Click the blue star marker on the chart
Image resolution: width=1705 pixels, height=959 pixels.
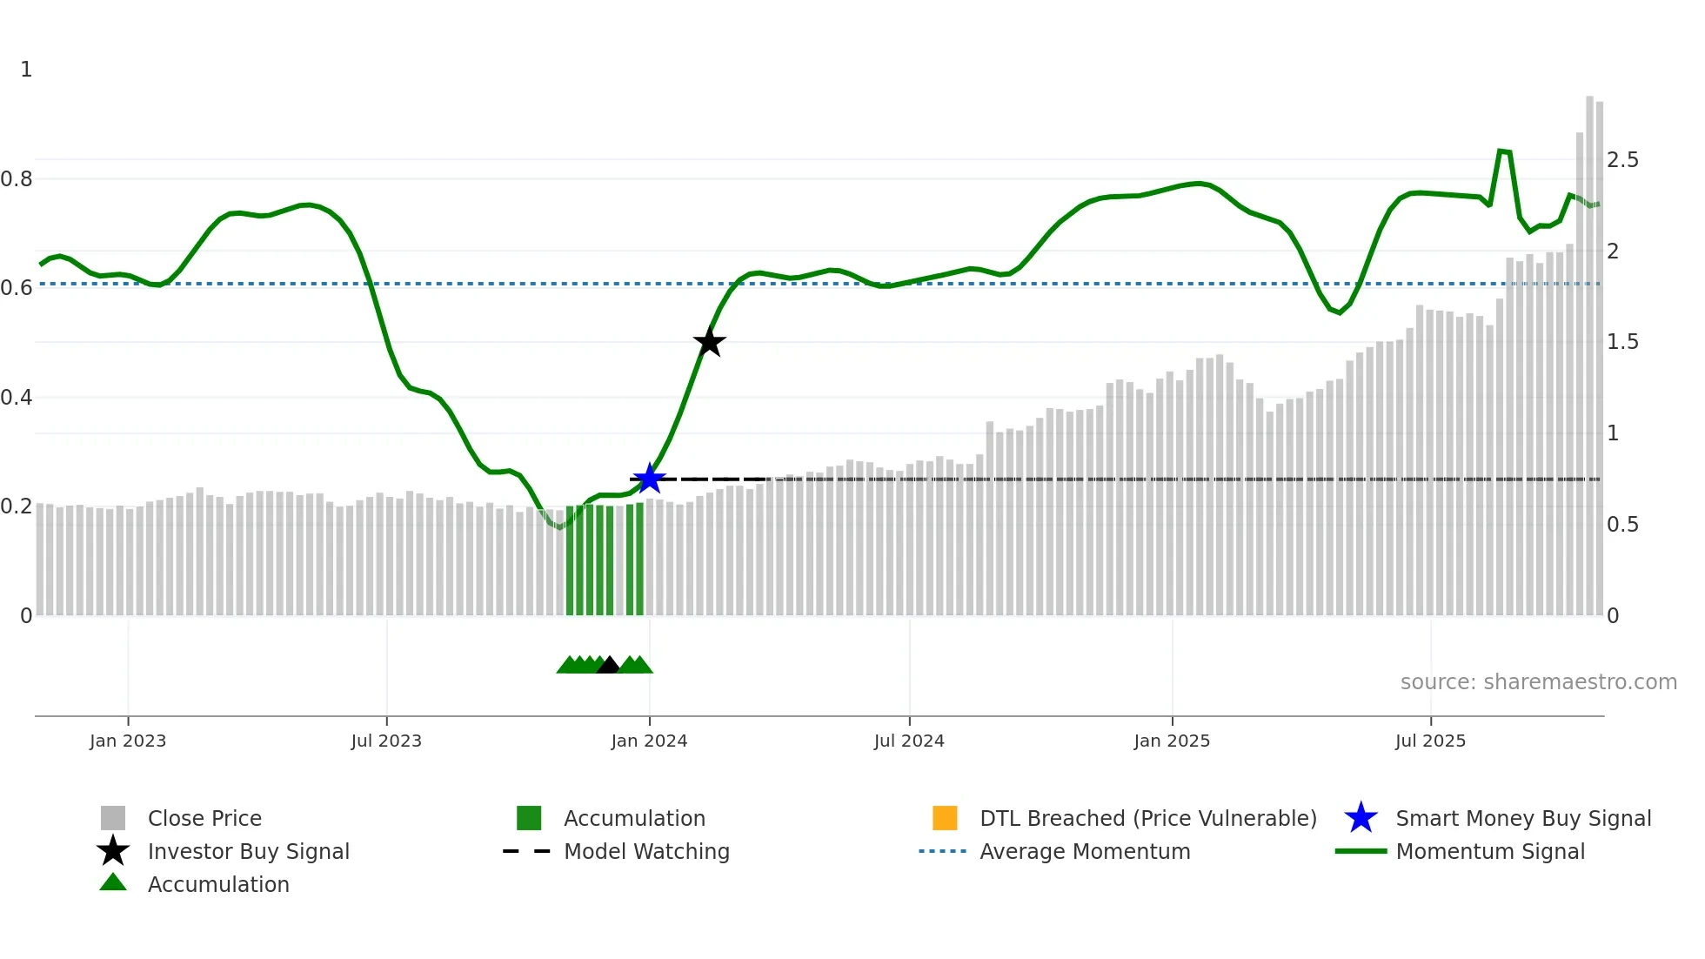click(x=649, y=479)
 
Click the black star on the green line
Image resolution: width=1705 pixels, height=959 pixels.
click(x=710, y=342)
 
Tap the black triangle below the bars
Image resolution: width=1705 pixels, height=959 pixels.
click(x=608, y=666)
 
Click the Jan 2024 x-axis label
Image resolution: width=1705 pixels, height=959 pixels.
click(x=649, y=741)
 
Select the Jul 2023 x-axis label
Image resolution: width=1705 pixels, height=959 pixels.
click(x=386, y=741)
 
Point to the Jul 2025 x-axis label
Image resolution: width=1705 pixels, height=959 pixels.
click(x=1430, y=741)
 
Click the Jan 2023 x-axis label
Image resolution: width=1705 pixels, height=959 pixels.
click(x=128, y=741)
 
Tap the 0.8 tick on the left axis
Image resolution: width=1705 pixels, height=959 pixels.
click(x=17, y=179)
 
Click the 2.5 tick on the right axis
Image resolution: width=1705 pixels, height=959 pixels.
click(x=1622, y=160)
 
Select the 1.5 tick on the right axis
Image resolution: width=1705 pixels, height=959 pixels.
click(x=1622, y=342)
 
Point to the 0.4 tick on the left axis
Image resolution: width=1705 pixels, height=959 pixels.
click(x=17, y=398)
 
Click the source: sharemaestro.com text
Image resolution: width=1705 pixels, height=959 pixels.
click(x=1538, y=682)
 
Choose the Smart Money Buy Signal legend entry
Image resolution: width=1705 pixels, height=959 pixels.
click(x=1522, y=818)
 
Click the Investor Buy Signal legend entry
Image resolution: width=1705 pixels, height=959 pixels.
click(x=248, y=851)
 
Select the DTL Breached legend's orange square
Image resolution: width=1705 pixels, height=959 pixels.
click(x=945, y=818)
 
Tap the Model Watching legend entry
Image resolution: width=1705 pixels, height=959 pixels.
click(x=646, y=851)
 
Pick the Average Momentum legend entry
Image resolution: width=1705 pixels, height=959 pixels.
click(x=1084, y=851)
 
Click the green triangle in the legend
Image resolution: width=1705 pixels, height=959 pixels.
click(x=113, y=882)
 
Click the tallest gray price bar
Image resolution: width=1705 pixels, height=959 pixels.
click(x=1589, y=348)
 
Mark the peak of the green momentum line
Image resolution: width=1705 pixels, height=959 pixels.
click(x=1501, y=151)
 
